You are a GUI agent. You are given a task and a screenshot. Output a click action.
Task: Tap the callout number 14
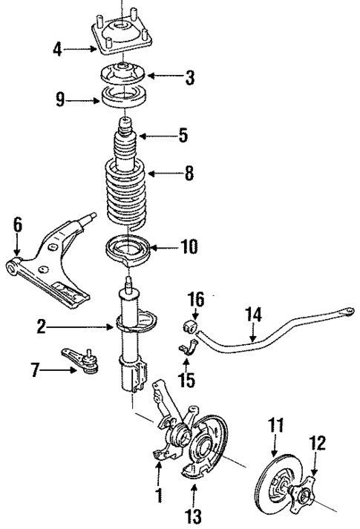coord(254,315)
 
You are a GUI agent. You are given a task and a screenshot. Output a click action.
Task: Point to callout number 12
coord(317,443)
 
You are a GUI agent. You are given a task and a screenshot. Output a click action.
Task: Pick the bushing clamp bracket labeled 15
coord(186,348)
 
